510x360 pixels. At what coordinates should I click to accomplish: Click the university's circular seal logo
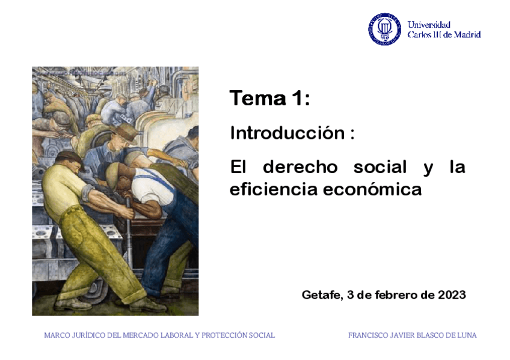coord(384,29)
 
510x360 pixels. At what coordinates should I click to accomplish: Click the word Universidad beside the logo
coord(429,25)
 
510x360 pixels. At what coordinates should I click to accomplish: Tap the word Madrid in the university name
coord(467,34)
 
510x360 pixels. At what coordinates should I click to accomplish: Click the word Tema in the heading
coord(257,98)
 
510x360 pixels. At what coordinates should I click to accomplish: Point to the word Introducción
coord(287,133)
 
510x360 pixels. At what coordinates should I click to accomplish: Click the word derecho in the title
coord(300,167)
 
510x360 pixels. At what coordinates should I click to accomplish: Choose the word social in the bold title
coord(379,167)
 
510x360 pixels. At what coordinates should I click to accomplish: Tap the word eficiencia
coord(274,189)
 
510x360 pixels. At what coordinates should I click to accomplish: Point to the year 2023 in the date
coord(452,294)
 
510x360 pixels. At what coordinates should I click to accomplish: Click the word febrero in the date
coord(396,294)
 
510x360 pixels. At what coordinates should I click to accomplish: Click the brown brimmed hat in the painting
coord(126,132)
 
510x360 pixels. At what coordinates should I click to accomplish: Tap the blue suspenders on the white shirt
coord(158,182)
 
